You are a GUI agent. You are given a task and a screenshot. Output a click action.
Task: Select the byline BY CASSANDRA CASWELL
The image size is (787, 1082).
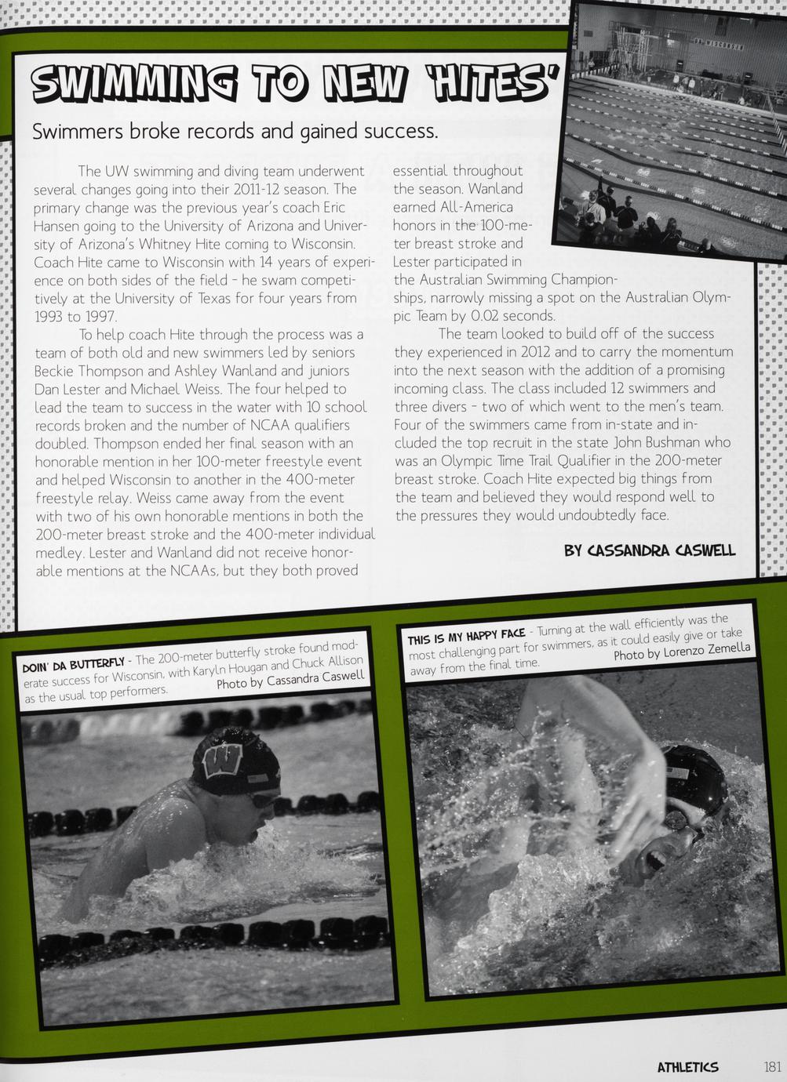[x=650, y=550]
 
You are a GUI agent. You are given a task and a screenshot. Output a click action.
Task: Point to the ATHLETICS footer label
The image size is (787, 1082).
[x=687, y=1066]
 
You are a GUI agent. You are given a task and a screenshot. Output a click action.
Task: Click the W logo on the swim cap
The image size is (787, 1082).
[x=222, y=758]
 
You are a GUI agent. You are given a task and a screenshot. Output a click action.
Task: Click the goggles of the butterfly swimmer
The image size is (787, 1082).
[x=264, y=799]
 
